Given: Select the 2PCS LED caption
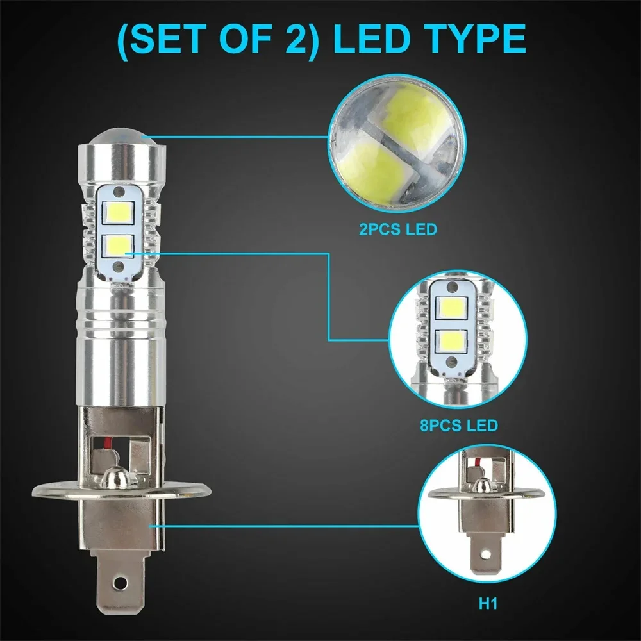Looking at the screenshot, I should click(x=397, y=229).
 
